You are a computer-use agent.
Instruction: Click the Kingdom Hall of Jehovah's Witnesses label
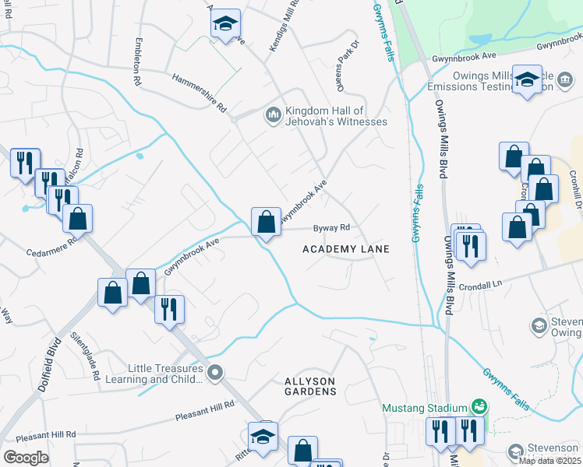tap(336, 116)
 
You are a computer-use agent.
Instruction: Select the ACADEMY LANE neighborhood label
tap(345, 248)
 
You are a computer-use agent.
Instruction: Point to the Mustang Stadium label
tap(424, 407)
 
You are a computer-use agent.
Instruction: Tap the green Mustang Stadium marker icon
tap(480, 407)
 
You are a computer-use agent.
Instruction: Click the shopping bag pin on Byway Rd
tap(266, 222)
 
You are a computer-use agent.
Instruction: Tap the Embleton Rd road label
tap(137, 61)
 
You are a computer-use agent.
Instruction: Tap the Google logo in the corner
tap(26, 458)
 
